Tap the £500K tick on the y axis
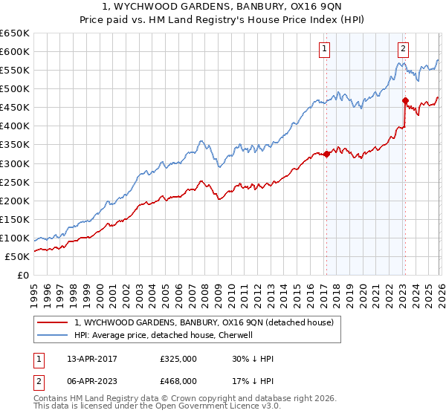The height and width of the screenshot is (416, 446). [15, 89]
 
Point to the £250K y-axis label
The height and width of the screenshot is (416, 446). [15, 182]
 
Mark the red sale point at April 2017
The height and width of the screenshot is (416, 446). [326, 154]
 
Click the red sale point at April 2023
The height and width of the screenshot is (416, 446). [405, 100]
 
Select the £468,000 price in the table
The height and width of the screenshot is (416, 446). [178, 380]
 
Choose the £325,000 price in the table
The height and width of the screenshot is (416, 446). [178, 359]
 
